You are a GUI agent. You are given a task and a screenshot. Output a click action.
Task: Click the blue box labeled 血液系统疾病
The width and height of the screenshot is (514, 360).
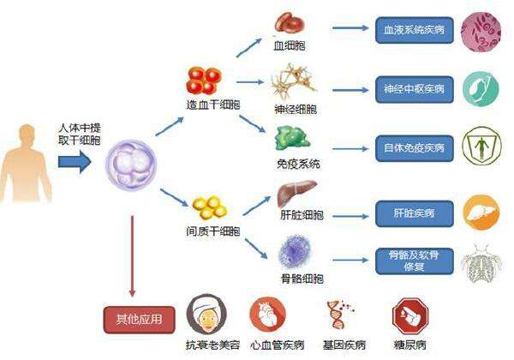415,30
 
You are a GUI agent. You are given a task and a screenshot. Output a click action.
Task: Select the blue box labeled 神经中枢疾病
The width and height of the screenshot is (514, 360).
415,89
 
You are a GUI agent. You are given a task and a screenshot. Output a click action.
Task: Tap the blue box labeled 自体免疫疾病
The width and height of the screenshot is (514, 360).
415,148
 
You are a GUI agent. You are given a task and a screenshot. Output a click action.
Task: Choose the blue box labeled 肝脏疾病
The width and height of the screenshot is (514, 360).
415,213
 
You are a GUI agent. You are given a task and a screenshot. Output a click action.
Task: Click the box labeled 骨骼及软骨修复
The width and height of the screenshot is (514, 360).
415,261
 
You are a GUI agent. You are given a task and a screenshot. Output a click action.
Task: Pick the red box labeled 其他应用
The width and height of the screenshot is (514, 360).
140,320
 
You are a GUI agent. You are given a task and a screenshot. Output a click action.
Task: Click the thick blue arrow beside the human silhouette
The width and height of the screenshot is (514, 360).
75,162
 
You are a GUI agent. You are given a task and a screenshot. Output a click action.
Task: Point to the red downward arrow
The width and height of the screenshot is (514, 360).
132,256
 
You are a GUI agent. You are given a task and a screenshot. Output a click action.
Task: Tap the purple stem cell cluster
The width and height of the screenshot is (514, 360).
131,164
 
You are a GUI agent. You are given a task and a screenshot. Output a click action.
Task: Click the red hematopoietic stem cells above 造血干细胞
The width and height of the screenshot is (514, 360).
204,81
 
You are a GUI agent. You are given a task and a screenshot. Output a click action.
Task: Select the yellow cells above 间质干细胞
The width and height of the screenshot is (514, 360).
210,207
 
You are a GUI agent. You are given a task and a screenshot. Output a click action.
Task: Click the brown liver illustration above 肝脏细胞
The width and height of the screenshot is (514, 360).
296,193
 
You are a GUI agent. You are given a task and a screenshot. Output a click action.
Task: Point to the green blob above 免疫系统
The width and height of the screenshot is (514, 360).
292,138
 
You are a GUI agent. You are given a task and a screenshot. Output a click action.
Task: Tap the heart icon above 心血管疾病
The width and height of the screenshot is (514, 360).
268,314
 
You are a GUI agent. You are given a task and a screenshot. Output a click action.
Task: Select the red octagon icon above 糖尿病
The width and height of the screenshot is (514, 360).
410,316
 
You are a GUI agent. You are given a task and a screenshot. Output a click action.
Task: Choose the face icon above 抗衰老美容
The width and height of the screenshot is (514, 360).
206,314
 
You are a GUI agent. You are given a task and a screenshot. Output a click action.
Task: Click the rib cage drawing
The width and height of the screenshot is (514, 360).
481,263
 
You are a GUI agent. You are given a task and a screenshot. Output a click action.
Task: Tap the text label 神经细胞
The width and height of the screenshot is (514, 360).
296,109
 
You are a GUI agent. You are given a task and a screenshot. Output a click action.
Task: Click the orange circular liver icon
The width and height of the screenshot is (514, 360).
481,213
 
